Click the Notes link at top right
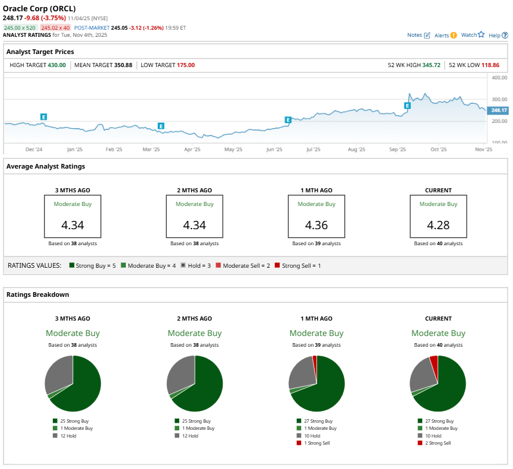coord(418,35)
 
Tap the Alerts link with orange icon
coord(445,35)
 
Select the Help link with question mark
coord(498,35)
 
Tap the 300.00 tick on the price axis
coord(499,99)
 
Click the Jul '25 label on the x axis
coord(313,150)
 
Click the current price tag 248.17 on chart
coord(496,110)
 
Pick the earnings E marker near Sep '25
coord(407,106)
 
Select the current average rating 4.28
coord(438,226)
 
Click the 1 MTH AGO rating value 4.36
coord(316,226)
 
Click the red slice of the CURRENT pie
coord(433,362)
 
